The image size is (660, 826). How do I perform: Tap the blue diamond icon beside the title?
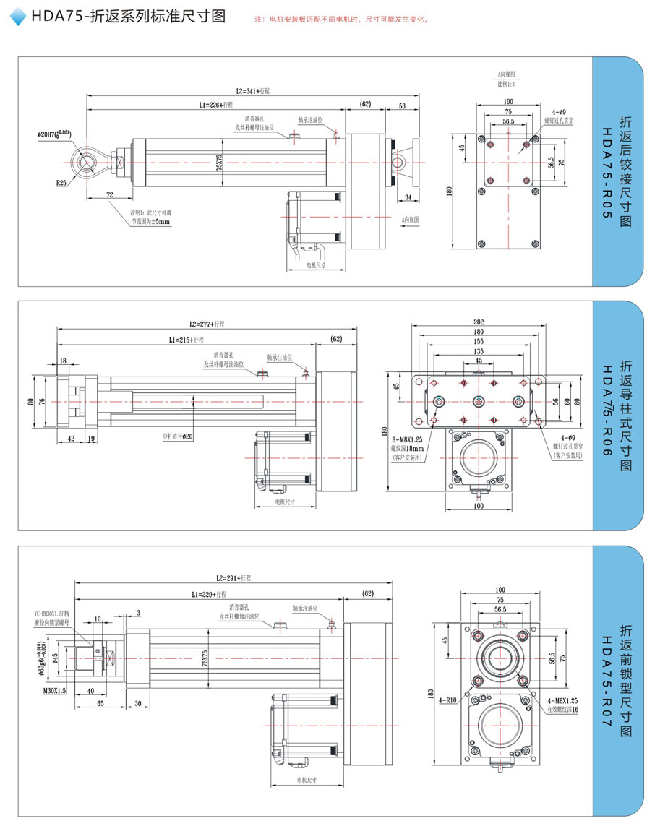point(20,17)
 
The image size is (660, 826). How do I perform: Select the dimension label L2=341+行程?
point(252,91)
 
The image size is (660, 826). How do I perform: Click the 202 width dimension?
point(479,322)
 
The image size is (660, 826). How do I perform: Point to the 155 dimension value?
point(479,341)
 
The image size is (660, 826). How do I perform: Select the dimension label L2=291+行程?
point(233,578)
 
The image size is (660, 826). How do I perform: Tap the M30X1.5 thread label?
point(54,691)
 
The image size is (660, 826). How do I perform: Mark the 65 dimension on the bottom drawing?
point(100,703)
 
